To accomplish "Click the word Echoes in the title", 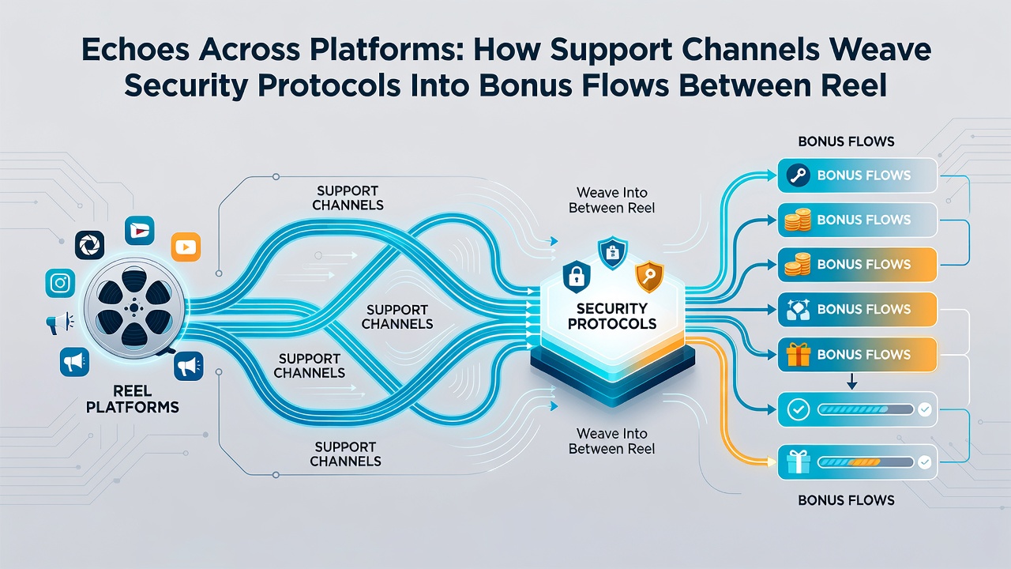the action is click(135, 50).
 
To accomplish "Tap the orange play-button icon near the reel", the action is click(186, 247).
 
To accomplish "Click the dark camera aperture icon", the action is click(89, 245).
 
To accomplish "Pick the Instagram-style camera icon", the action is click(60, 283).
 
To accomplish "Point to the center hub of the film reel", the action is click(134, 308).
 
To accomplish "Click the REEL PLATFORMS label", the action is click(132, 399).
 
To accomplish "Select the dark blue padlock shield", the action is click(577, 277).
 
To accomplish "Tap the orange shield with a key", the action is click(649, 277).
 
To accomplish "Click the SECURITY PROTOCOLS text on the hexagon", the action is click(612, 316).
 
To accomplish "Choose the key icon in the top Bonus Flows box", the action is click(798, 175).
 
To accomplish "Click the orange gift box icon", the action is click(798, 355).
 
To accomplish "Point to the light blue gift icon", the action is click(798, 462).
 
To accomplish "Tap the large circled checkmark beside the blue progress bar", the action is click(798, 409).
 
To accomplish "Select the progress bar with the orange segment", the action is click(865, 462).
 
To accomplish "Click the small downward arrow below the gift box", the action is click(851, 381).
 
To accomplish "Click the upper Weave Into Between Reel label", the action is click(611, 200).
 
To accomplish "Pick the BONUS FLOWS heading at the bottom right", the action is click(846, 500).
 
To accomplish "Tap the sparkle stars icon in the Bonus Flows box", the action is click(798, 310).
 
